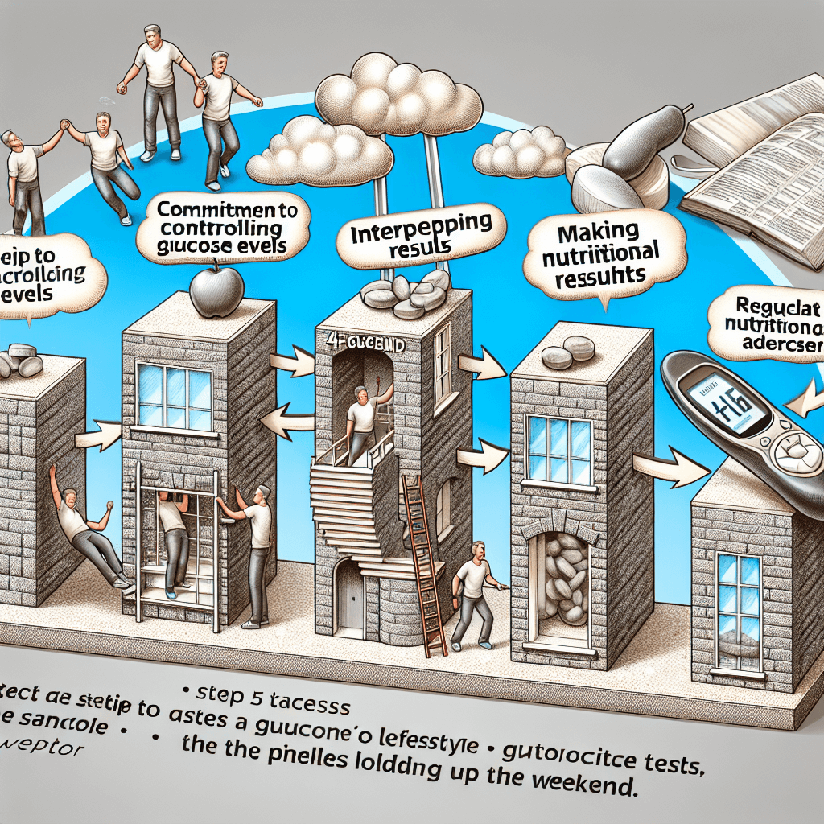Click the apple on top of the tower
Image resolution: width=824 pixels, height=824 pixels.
pos(215,287)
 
